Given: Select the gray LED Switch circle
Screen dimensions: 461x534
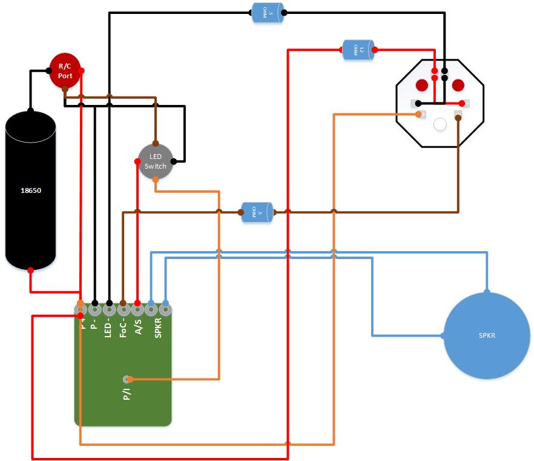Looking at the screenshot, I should click(x=156, y=161).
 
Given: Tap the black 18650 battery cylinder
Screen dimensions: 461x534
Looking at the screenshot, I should click(x=30, y=190).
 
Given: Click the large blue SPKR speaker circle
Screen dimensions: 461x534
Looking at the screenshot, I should click(x=487, y=335).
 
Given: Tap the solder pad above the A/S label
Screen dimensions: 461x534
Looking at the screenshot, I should click(x=137, y=309).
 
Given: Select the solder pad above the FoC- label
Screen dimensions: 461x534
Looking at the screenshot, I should click(x=123, y=309).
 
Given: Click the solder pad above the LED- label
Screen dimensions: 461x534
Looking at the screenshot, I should click(x=109, y=309).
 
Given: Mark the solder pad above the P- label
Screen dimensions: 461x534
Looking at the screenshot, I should click(x=94, y=309).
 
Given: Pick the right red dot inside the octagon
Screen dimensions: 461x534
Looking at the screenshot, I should click(x=458, y=84).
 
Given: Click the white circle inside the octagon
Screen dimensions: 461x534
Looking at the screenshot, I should click(x=440, y=124).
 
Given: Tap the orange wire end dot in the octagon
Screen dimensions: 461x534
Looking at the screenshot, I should click(x=418, y=114).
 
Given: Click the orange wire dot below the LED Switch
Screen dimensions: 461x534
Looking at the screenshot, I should click(x=156, y=180).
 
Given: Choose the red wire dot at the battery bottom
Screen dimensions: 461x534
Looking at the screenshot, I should click(x=30, y=268).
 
